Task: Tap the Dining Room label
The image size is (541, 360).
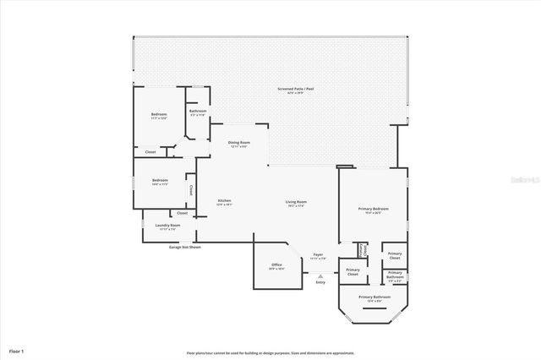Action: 238,145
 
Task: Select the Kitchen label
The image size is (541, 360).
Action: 224,202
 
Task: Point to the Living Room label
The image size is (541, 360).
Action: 295,202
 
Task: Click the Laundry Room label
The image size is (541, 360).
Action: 168,226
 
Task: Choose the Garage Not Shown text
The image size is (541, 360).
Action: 184,248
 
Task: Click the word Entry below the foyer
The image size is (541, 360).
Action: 320,282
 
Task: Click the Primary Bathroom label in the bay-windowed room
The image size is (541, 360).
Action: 374,298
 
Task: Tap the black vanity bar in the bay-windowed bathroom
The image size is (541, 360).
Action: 373,308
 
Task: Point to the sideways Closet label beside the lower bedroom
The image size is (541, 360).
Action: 191,189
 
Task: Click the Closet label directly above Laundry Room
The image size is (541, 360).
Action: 182,213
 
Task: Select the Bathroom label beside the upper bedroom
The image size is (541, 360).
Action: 198,112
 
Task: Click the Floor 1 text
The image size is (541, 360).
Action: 16,350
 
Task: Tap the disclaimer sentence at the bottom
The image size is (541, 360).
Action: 270,353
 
